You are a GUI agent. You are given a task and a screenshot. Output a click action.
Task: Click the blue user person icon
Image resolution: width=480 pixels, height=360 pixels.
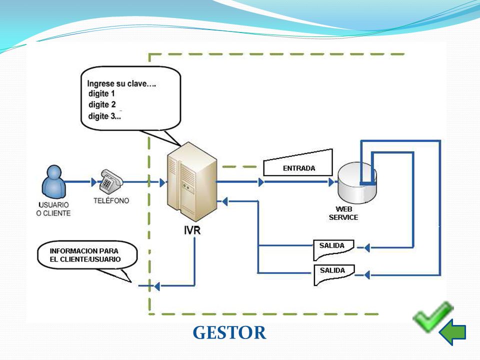54,182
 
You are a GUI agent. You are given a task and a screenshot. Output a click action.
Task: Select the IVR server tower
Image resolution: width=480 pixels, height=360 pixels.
192,182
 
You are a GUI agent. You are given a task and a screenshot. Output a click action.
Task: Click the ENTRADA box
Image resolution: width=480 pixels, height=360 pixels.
298,163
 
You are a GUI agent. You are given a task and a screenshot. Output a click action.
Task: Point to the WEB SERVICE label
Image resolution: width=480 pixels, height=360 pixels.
343,213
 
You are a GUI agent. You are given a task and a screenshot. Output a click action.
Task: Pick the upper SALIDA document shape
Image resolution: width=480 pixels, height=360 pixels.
333,249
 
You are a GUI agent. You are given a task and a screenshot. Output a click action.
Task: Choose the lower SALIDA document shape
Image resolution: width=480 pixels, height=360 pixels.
334,274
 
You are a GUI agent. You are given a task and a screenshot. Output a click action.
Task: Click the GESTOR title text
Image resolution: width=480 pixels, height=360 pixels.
229,332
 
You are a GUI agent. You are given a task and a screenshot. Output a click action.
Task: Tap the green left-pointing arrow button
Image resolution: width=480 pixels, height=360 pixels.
452,332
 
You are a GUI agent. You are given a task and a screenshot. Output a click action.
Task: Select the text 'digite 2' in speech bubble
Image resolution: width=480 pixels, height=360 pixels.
102,104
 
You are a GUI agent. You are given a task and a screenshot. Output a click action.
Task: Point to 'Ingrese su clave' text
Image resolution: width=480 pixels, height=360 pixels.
116,83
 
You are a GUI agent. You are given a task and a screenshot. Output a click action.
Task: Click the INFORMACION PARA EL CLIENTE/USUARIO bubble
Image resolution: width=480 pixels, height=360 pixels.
87,255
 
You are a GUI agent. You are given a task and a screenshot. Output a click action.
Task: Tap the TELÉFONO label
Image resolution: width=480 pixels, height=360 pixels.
111,200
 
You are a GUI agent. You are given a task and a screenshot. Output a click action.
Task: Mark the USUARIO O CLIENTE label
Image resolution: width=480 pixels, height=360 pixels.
53,209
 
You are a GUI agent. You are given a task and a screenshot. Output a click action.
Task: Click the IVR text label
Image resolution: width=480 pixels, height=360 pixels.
192,230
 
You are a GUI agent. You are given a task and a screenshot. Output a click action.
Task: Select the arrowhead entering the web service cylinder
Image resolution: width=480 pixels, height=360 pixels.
331,182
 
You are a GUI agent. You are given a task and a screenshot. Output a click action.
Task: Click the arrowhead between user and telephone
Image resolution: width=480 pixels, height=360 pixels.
93,182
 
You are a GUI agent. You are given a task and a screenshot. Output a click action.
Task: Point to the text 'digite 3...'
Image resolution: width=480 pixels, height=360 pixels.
104,116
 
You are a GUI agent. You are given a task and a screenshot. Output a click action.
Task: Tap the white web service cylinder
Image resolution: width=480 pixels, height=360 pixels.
357,183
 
